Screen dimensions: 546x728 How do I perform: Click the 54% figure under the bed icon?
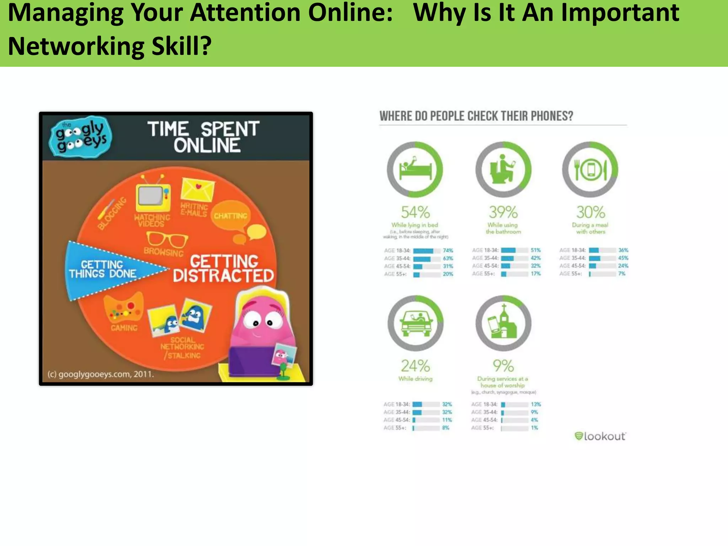tap(415, 213)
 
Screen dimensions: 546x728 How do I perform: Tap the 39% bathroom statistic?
tap(503, 213)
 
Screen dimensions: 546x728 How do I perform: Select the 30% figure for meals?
tap(590, 213)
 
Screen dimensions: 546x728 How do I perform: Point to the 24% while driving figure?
tap(415, 366)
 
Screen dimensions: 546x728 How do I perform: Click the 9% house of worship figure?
tap(503, 366)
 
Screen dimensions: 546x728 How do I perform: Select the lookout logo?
tap(600, 436)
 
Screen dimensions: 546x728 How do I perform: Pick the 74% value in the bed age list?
tap(448, 251)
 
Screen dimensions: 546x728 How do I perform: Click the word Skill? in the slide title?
tap(181, 46)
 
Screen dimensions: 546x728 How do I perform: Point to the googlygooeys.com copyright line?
tap(101, 374)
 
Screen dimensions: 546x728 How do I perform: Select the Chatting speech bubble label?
tap(230, 216)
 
